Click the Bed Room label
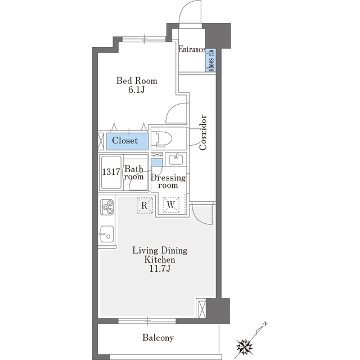[x=137, y=81]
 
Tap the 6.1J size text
[x=136, y=90]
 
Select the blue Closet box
[x=127, y=141]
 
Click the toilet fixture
[x=164, y=139]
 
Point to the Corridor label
[x=203, y=133]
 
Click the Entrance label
[x=192, y=49]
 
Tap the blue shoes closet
[x=210, y=60]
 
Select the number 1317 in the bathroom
[x=111, y=172]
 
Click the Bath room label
[x=134, y=173]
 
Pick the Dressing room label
[x=168, y=181]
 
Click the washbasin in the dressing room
[x=176, y=159]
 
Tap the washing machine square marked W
[x=171, y=205]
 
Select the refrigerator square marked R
[x=145, y=205]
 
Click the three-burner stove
[x=107, y=207]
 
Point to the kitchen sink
[x=107, y=234]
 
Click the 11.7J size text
[x=160, y=269]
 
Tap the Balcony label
[x=158, y=337]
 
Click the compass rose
[x=244, y=346]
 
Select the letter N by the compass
[x=265, y=324]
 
